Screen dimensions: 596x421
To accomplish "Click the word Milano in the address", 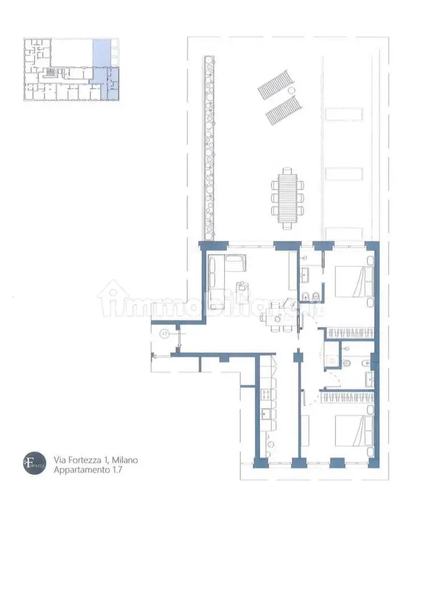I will point(124,460).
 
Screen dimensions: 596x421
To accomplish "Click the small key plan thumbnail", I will point(72,70).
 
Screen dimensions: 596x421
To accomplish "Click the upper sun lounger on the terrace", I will point(274,84).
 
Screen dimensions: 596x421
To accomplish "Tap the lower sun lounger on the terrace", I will point(282,110).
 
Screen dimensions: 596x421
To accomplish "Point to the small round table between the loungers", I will point(291,91).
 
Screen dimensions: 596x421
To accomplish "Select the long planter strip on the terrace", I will point(210,148).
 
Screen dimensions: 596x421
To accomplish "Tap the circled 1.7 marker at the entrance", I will point(165,334).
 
